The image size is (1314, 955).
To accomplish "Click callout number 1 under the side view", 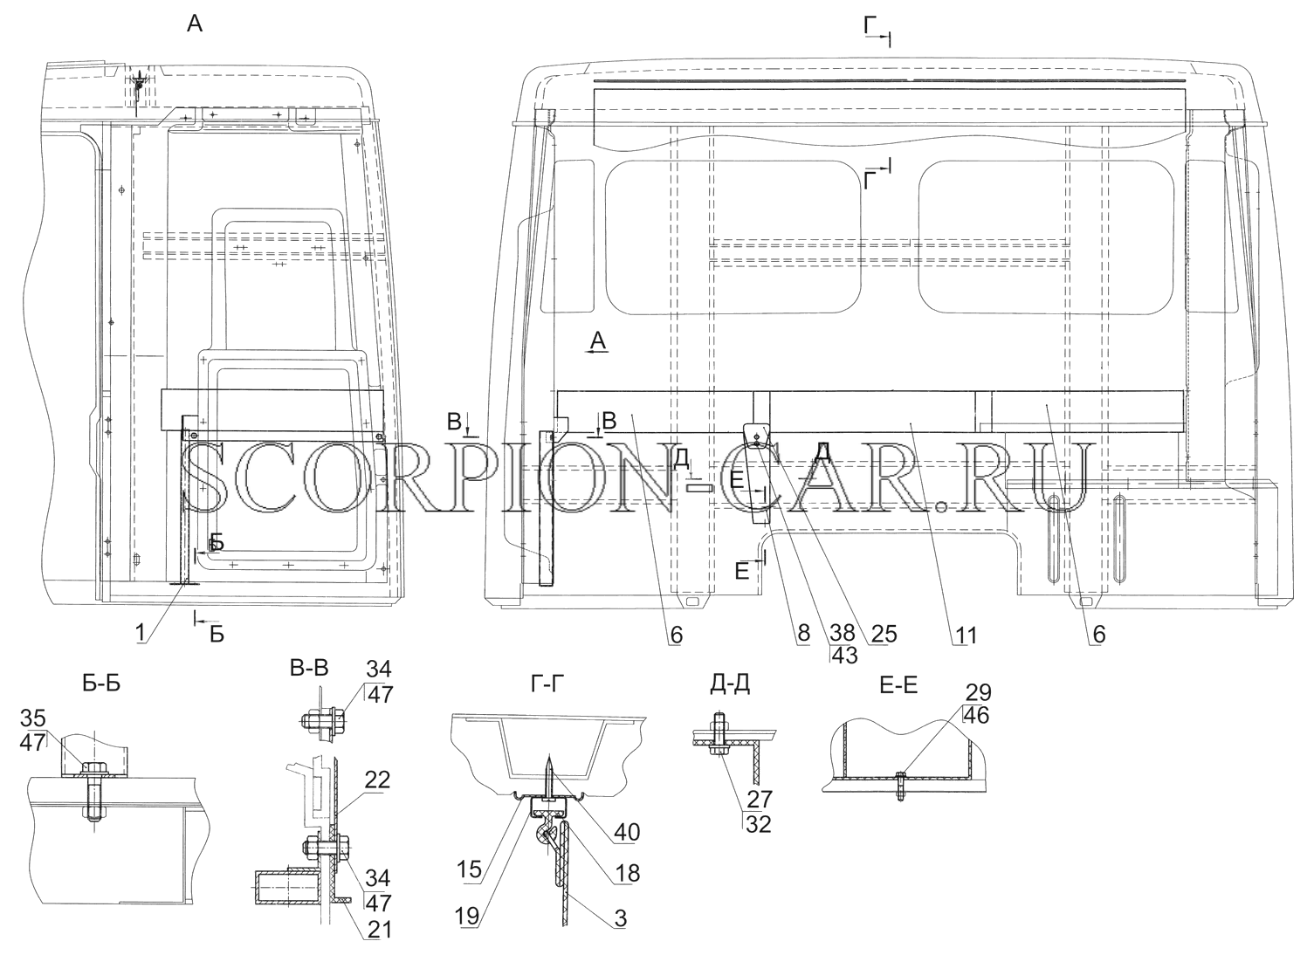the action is [x=141, y=634].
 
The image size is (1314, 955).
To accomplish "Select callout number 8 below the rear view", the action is [x=803, y=634].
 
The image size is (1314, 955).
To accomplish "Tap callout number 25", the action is [x=883, y=634].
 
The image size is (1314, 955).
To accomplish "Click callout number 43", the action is [x=844, y=656].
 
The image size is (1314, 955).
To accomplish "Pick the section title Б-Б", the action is [x=101, y=684].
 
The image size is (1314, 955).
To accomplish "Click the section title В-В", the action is [x=309, y=668].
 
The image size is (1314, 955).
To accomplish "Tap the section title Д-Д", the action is [x=730, y=684].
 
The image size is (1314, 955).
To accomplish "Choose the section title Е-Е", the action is [x=898, y=684].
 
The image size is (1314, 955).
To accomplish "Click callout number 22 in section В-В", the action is [x=377, y=780].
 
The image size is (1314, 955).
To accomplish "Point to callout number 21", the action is [x=377, y=930].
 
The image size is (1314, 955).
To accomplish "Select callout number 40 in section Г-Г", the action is [x=626, y=831].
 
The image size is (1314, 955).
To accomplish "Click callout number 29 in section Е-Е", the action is [x=978, y=693].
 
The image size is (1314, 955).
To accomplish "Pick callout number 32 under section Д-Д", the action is [x=759, y=824].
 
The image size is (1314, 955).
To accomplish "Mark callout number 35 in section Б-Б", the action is [x=33, y=718].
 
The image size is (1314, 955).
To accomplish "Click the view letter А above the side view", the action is [x=195, y=24].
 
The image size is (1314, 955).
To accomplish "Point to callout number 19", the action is [x=469, y=916].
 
